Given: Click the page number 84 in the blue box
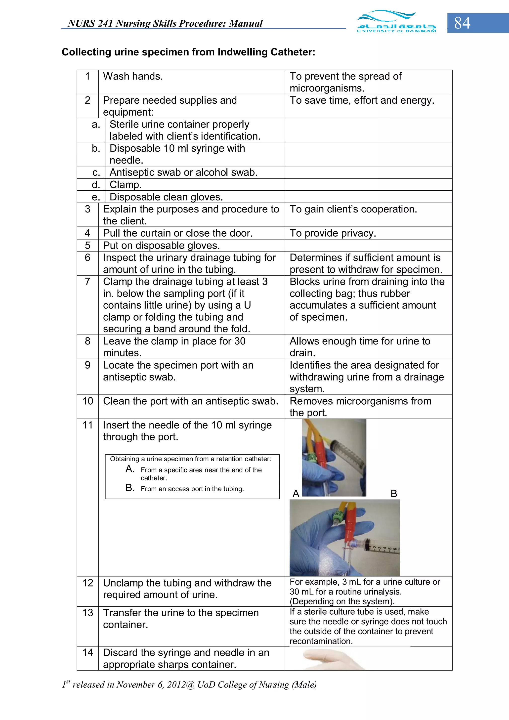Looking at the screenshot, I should [x=462, y=23].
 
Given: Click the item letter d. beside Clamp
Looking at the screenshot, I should [x=96, y=185].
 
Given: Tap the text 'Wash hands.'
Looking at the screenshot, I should [x=133, y=76].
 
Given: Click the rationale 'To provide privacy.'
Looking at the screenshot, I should [x=333, y=233].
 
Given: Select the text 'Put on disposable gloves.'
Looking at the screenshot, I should [x=162, y=246].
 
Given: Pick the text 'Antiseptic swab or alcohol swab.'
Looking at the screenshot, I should [x=183, y=172].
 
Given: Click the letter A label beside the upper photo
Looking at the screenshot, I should [x=296, y=494].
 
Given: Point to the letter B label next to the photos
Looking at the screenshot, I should [x=394, y=494].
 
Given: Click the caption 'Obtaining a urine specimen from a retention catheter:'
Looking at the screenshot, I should [x=190, y=459].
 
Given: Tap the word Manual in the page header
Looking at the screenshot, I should [x=246, y=24].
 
